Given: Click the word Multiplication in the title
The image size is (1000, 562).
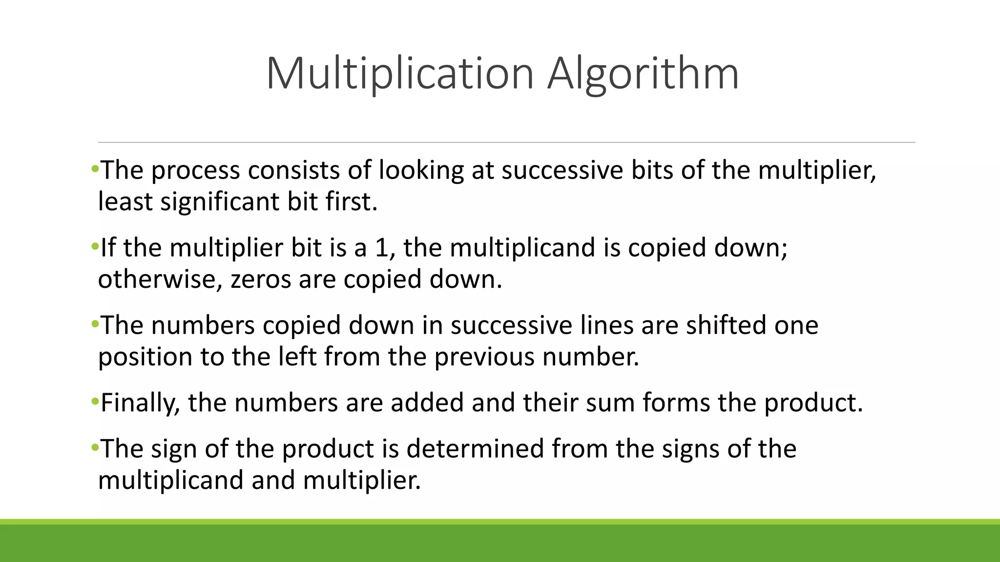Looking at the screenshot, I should point(400,74).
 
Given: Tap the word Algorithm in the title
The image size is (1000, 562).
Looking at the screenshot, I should point(643,74).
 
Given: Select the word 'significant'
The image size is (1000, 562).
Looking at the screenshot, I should point(220,201).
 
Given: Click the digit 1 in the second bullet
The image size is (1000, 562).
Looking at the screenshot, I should point(381,248).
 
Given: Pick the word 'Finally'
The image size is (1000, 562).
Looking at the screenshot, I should point(137,403).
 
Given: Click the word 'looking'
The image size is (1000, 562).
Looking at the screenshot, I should point(421,170).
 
